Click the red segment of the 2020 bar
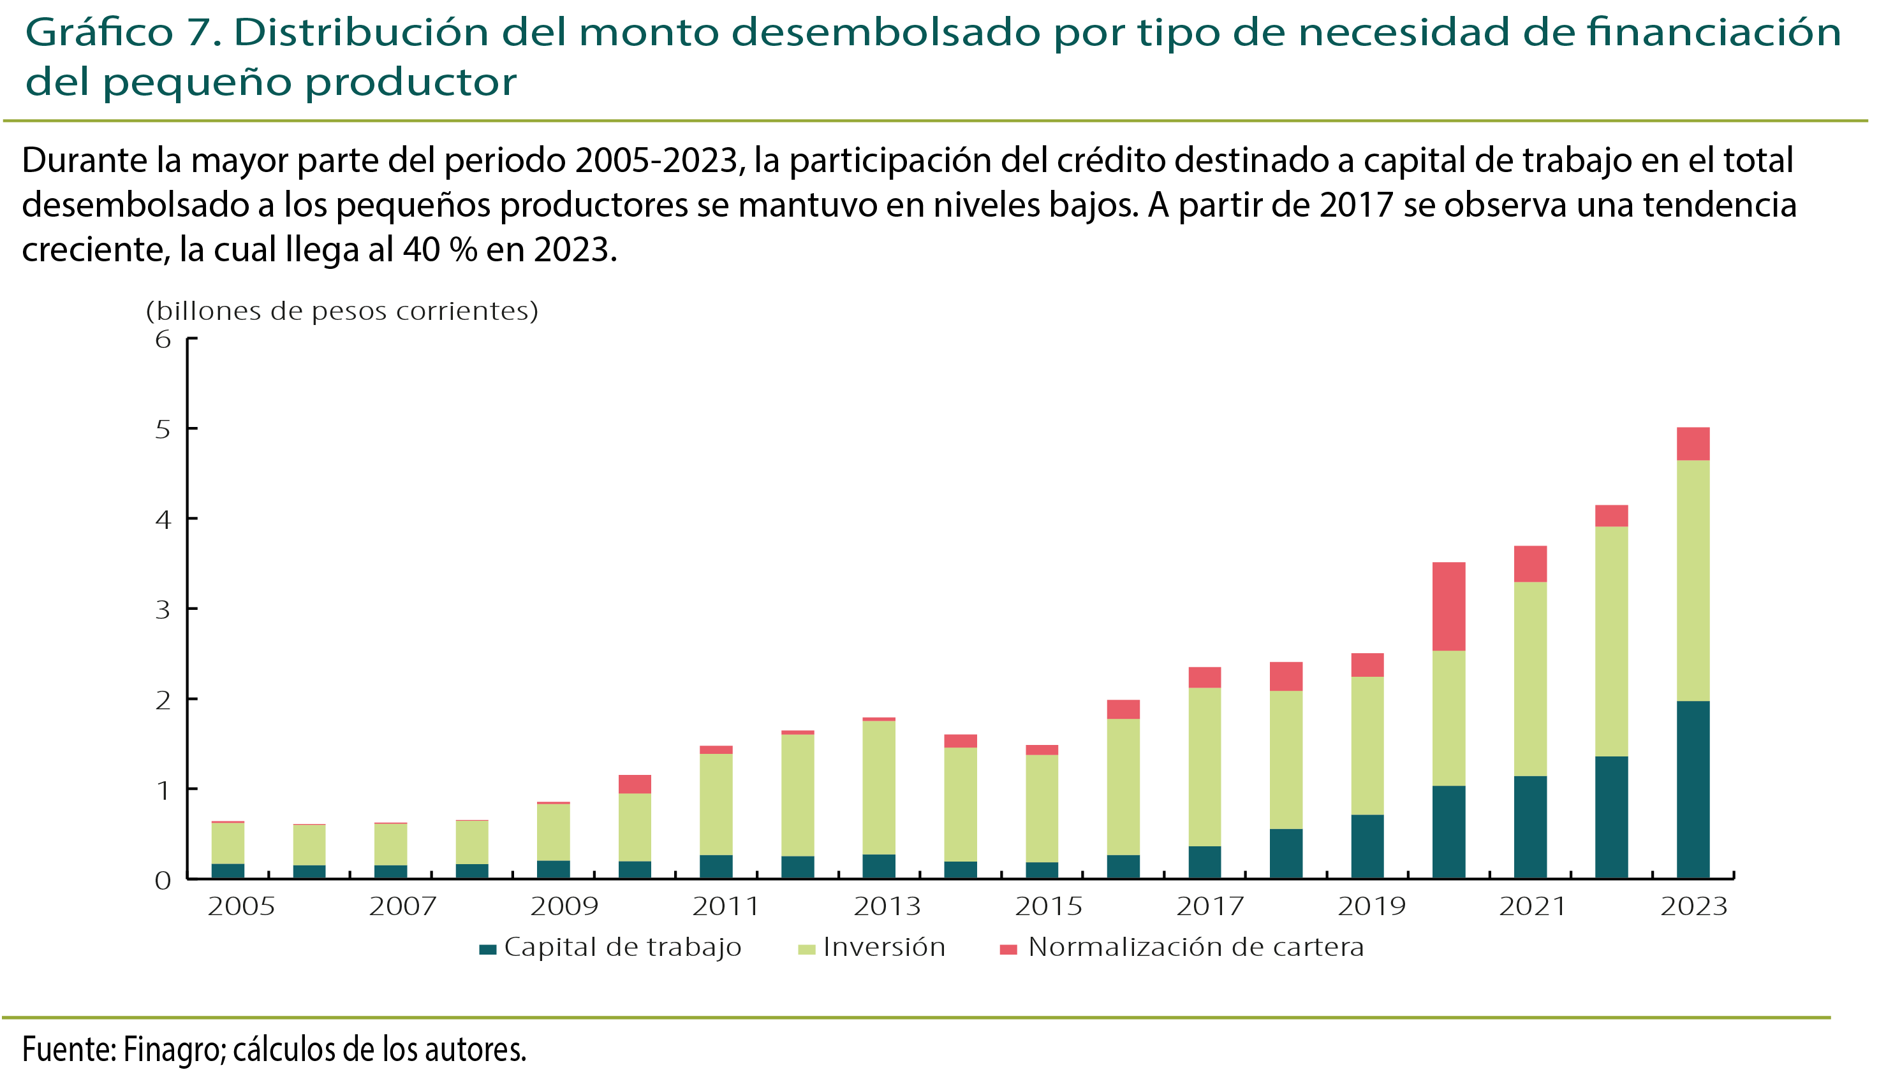pos(1448,607)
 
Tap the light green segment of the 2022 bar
pos(1611,642)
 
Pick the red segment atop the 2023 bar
pos(1693,444)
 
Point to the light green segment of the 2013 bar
pos(879,787)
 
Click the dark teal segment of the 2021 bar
pos(1530,827)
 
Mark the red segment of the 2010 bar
pos(635,784)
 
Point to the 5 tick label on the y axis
pos(163,430)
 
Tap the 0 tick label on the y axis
pos(163,881)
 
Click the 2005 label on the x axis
pos(241,907)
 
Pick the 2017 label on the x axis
pos(1209,907)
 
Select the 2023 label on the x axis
pos(1693,907)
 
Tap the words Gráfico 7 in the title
pos(123,33)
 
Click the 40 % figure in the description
pos(440,250)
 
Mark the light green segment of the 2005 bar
pos(228,843)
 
